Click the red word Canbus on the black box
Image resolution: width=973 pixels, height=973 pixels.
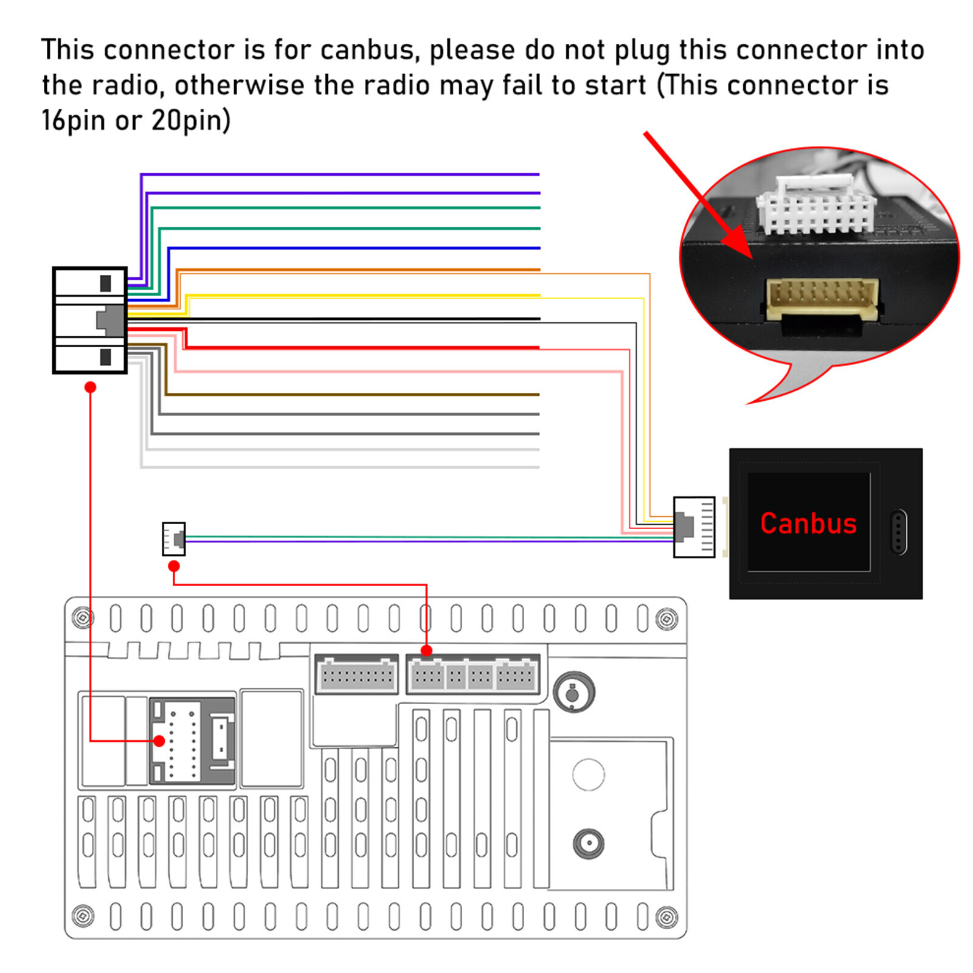coord(808,524)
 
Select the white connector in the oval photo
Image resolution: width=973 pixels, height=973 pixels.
coord(815,204)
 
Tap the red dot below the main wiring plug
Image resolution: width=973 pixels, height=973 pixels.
coord(91,387)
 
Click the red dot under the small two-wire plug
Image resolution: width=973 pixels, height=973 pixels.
coord(174,566)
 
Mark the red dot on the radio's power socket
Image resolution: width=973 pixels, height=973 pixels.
coord(159,741)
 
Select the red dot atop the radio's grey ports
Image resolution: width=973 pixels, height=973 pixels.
coord(426,651)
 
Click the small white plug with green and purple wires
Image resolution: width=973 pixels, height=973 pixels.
coord(174,539)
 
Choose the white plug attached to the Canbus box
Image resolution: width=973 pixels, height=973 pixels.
coord(694,527)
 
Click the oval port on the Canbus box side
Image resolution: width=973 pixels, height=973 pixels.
coord(898,532)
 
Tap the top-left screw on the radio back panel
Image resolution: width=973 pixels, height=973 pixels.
coord(83,618)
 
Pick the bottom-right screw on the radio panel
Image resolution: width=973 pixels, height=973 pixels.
coord(667,916)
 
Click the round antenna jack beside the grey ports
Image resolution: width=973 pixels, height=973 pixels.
coord(573,692)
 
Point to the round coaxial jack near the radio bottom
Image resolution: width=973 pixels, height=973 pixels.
coord(589,844)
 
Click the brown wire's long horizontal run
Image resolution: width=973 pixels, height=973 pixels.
coord(352,395)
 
